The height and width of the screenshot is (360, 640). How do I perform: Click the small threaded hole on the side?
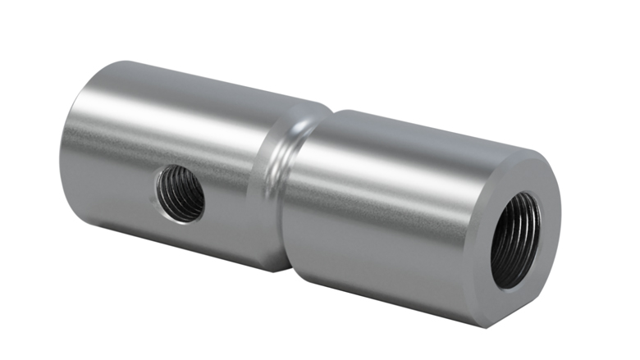(x=181, y=193)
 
